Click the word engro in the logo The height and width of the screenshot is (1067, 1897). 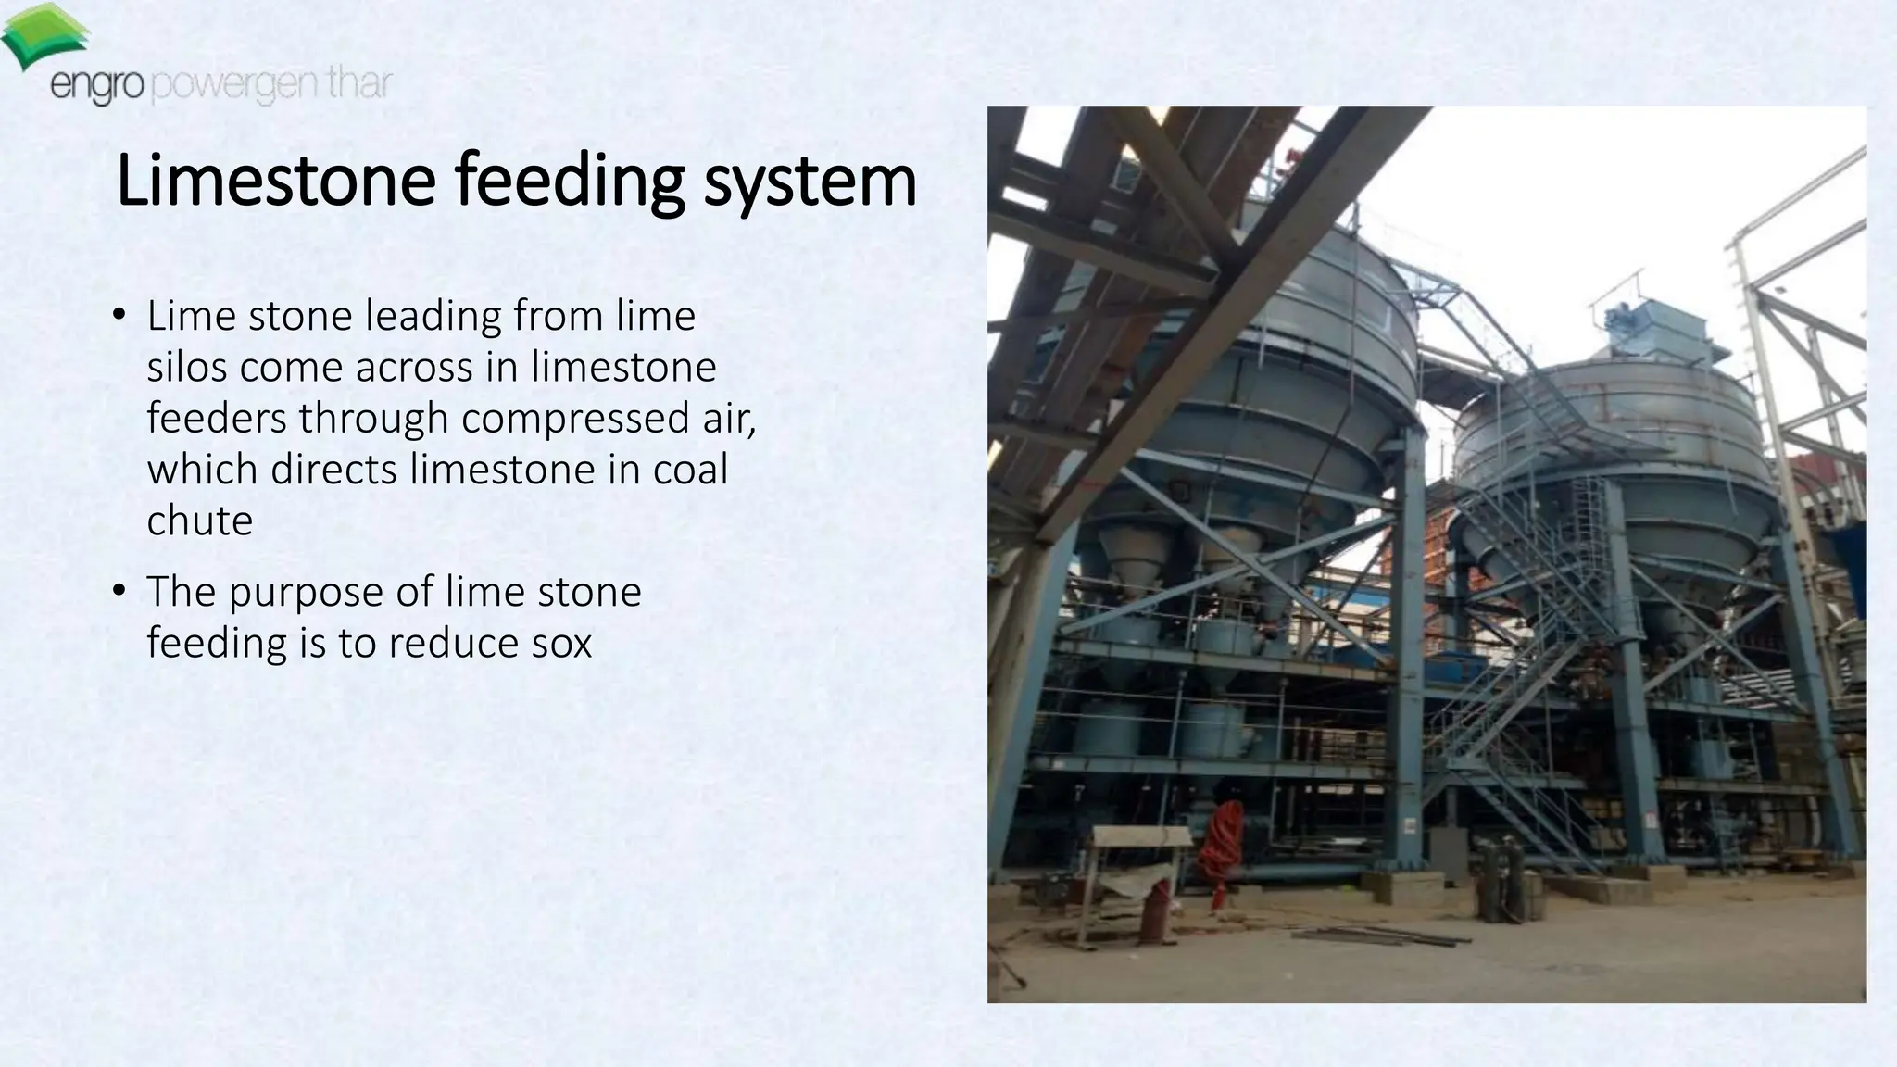coord(97,87)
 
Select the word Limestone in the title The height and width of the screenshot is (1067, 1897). coord(275,182)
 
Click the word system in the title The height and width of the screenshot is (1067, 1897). coord(810,183)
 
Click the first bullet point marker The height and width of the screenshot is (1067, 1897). coord(118,316)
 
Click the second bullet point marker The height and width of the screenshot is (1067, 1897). coord(118,591)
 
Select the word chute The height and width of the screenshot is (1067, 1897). coord(199,521)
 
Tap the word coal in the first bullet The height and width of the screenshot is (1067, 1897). coord(690,469)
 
